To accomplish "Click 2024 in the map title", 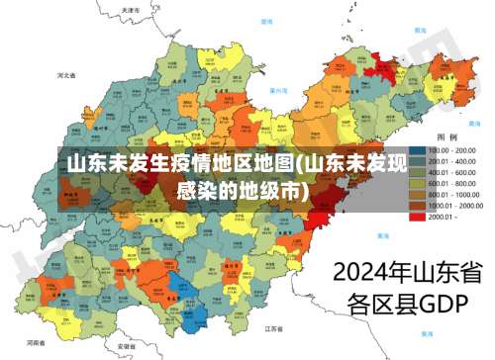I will pos(362,270).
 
